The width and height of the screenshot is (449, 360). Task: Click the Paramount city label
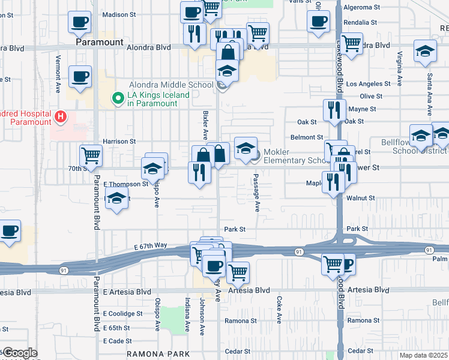pos(100,43)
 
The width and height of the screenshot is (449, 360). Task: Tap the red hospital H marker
pos(60,116)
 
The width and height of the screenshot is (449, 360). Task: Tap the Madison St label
pos(119,14)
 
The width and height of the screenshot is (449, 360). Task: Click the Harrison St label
pos(119,142)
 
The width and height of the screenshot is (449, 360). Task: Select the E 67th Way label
pos(151,246)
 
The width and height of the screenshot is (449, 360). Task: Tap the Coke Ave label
pos(279,308)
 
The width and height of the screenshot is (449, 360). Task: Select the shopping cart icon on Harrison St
pos(91,156)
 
